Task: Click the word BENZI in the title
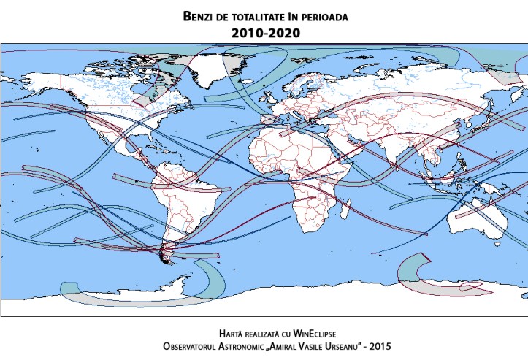coord(201,15)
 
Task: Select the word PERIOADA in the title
coord(329,15)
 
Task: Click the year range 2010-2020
coord(264,33)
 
